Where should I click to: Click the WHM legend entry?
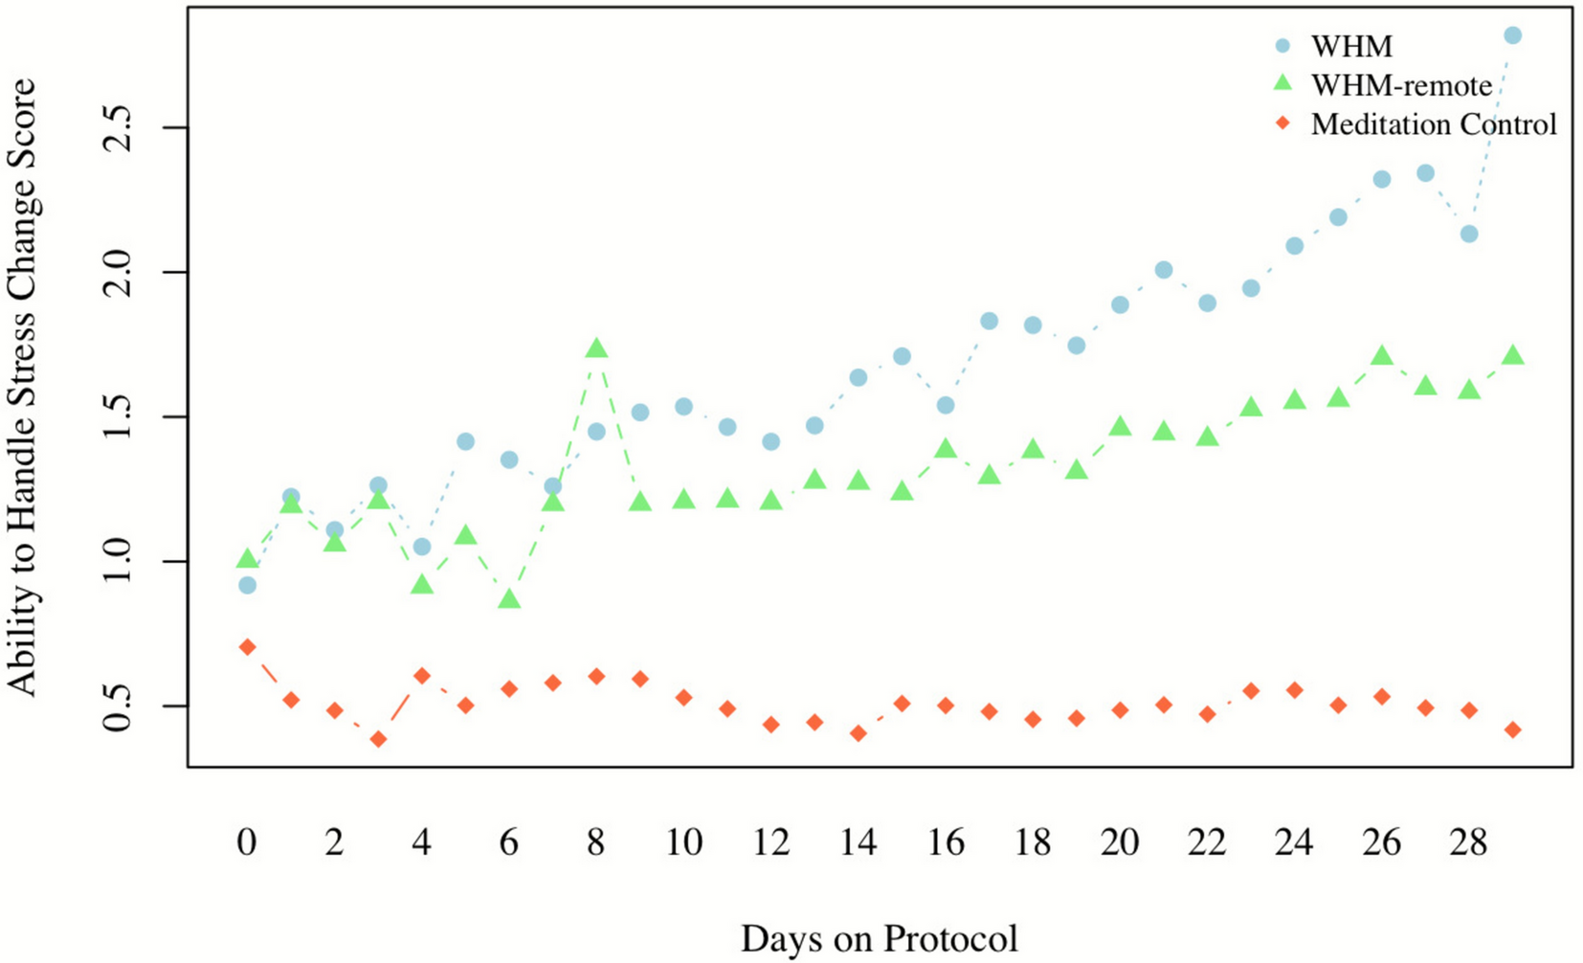(x=1351, y=46)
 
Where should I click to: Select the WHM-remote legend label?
(x=1401, y=85)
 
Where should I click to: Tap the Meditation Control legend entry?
(x=1433, y=124)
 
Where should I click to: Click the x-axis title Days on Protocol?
(x=879, y=938)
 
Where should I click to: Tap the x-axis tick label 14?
(x=858, y=842)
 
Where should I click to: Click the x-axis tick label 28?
(x=1468, y=842)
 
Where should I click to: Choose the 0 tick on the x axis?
(x=247, y=842)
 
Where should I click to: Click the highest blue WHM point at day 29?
(x=1512, y=35)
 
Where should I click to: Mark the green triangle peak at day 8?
(x=596, y=348)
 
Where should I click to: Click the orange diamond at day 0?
(x=247, y=647)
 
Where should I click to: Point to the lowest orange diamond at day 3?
(x=378, y=739)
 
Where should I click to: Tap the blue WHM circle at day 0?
(x=247, y=585)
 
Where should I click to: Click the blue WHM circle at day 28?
(x=1468, y=234)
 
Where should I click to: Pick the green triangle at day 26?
(x=1381, y=356)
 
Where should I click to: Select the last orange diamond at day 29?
(x=1512, y=729)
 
